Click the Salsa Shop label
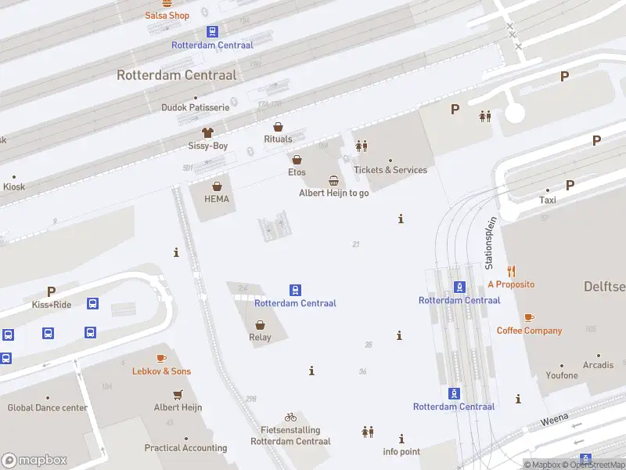click(x=167, y=16)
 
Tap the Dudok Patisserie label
click(x=195, y=107)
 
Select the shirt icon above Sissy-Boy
click(x=207, y=132)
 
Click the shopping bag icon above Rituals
click(x=278, y=127)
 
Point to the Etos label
click(x=297, y=172)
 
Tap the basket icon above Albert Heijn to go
click(x=334, y=180)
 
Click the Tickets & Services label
click(x=390, y=170)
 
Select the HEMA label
click(x=217, y=199)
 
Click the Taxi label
click(x=548, y=201)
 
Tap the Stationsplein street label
click(x=491, y=244)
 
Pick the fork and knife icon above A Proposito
click(x=511, y=271)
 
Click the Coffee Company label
click(x=529, y=331)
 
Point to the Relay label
click(x=260, y=338)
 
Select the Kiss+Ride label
click(x=52, y=305)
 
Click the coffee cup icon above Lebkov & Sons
click(x=161, y=358)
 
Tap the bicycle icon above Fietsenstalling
click(x=290, y=417)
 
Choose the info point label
click(x=401, y=452)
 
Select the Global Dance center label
click(x=48, y=408)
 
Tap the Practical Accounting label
click(x=185, y=449)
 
